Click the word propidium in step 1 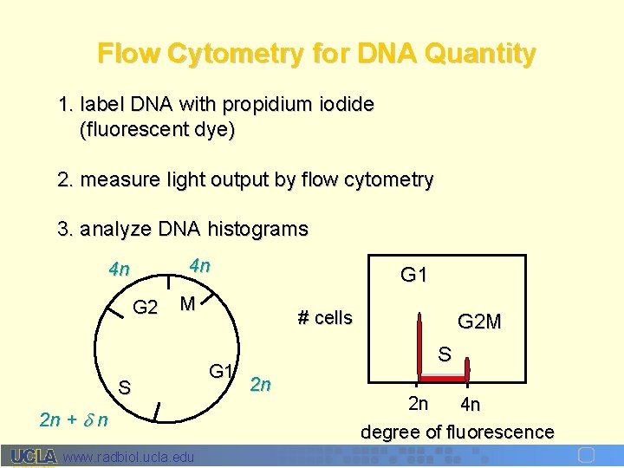click(x=262, y=105)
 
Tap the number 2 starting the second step click(x=62, y=179)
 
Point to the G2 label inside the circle click(x=145, y=307)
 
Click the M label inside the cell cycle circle click(x=185, y=303)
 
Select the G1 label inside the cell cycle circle click(x=221, y=372)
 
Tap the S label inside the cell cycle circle click(x=124, y=387)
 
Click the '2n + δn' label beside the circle click(x=74, y=420)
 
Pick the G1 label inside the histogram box click(x=413, y=276)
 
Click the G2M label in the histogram click(x=478, y=322)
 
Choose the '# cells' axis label click(x=325, y=317)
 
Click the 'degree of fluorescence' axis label click(x=457, y=431)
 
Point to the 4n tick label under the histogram click(x=470, y=404)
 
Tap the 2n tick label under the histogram click(x=419, y=403)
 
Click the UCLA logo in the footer click(x=34, y=456)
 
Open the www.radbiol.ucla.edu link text click(x=129, y=456)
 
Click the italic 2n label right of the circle click(x=260, y=384)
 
